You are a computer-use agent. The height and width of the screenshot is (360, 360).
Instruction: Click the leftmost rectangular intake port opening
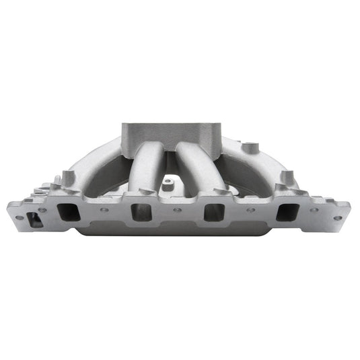[68, 212]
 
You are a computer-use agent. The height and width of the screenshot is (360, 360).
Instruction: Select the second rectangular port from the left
[141, 213]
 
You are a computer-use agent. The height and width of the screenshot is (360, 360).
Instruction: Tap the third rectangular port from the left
[213, 213]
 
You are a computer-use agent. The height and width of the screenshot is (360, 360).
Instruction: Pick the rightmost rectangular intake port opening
[285, 213]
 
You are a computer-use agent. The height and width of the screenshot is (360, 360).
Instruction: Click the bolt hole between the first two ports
[105, 209]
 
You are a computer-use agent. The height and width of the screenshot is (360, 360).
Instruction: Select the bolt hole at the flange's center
[177, 210]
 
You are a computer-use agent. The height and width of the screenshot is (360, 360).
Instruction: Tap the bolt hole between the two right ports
[250, 210]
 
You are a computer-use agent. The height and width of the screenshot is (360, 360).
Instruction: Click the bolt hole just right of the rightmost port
[314, 210]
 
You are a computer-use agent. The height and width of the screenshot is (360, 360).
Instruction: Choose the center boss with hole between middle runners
[168, 180]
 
